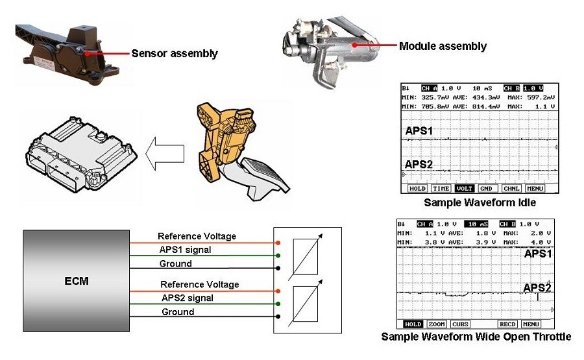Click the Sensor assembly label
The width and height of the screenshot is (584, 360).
pyautogui.click(x=175, y=54)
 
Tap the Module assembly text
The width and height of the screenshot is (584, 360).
pyautogui.click(x=443, y=46)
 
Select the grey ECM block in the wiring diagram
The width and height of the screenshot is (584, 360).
pyautogui.click(x=77, y=281)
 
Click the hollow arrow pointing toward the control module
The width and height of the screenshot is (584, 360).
pyautogui.click(x=165, y=153)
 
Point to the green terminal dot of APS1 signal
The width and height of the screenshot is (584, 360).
pyautogui.click(x=278, y=256)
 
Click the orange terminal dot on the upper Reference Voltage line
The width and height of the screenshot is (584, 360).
pyautogui.click(x=278, y=243)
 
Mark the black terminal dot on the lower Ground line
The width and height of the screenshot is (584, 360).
pyautogui.click(x=278, y=317)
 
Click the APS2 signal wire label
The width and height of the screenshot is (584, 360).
pyautogui.click(x=188, y=298)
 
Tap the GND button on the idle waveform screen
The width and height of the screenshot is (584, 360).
pyautogui.click(x=486, y=189)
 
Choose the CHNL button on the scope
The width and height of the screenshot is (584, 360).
pyautogui.click(x=511, y=189)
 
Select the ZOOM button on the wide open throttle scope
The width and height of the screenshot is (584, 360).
pyautogui.click(x=437, y=324)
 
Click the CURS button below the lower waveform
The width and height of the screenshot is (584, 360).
pyautogui.click(x=460, y=324)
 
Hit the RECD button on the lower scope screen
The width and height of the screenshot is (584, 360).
pyautogui.click(x=507, y=324)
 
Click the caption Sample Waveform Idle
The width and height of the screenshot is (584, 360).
pyautogui.click(x=480, y=203)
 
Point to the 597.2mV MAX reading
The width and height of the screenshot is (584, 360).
pyautogui.click(x=541, y=97)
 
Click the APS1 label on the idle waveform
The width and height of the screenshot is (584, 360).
pyautogui.click(x=419, y=131)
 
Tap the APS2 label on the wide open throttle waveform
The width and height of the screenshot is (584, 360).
pyautogui.click(x=537, y=288)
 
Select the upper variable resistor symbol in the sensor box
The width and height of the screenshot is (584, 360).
pyautogui.click(x=306, y=257)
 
